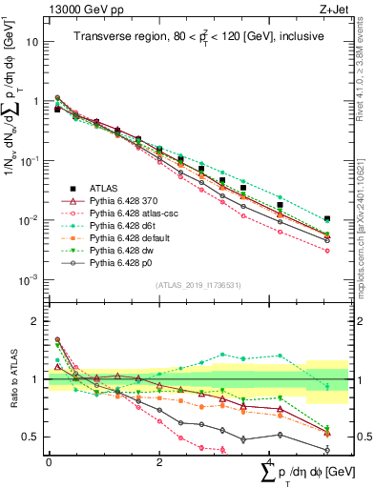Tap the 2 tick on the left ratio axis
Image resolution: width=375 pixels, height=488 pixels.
pos(34,321)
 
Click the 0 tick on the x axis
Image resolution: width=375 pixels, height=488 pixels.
pos(49,460)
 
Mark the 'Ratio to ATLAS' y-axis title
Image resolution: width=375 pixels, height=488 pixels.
pos(11,379)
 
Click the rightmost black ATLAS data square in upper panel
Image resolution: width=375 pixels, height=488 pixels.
pos(327,218)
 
